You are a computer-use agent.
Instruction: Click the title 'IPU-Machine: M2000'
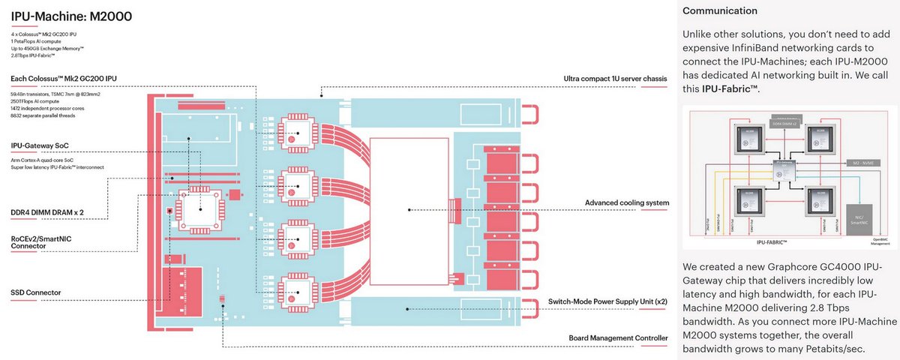(61, 17)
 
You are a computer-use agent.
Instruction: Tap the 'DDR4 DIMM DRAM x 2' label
(47, 212)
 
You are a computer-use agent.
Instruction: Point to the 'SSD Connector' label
(36, 292)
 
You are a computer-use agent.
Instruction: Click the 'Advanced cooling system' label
(626, 203)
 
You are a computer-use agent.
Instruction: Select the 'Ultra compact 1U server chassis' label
(615, 79)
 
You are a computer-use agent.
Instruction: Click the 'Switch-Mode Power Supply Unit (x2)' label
(607, 301)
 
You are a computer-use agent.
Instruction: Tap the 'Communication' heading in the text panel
(719, 11)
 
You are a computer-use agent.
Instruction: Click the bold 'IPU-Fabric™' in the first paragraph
(730, 89)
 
